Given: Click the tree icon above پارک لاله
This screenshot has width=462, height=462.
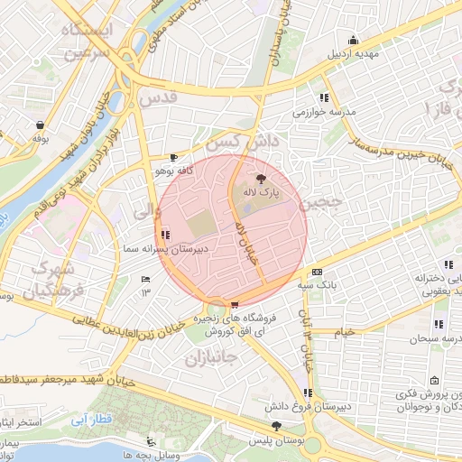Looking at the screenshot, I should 262,179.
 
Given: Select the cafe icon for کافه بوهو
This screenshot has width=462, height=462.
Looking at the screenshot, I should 173,157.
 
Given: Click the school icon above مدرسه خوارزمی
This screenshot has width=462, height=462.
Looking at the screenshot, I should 324,98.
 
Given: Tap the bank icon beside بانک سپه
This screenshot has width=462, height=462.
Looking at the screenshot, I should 316,272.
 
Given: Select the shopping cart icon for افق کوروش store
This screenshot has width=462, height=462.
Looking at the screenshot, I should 236,305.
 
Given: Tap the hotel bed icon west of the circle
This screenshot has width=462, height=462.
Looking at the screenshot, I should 145,279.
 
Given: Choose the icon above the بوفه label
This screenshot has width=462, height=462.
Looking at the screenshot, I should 40,125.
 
